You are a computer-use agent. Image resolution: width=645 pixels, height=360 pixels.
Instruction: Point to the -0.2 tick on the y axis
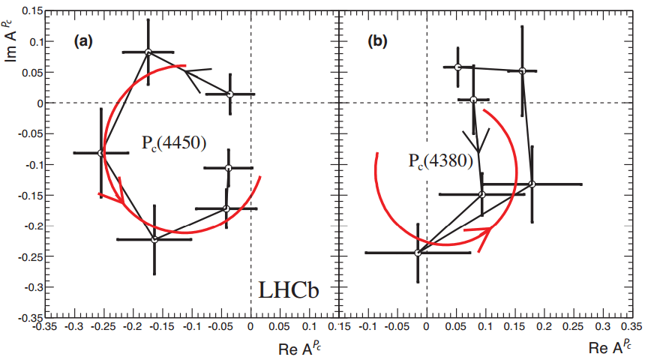[x=28, y=225]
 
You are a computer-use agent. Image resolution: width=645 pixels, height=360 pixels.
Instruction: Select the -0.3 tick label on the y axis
[x=28, y=286]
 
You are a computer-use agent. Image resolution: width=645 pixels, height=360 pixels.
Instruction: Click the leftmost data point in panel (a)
[x=101, y=153]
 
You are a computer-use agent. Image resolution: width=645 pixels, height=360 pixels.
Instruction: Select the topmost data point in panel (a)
[x=148, y=52]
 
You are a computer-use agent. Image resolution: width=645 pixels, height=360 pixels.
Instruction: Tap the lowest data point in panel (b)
[x=418, y=253]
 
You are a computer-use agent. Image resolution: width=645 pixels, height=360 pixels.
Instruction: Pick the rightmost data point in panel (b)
[x=532, y=184]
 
